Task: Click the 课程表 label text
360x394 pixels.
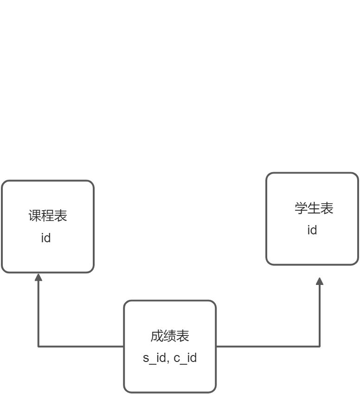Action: [x=48, y=216]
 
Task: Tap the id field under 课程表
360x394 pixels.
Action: [x=46, y=238]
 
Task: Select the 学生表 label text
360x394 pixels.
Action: [x=314, y=208]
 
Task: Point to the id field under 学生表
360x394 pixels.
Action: [x=312, y=230]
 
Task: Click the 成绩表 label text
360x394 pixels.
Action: [x=170, y=336]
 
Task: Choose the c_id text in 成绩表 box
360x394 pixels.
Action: [x=185, y=358]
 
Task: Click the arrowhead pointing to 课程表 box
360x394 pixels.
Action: [x=39, y=277]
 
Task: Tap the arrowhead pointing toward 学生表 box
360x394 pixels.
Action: [x=320, y=281]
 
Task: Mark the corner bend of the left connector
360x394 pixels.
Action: [x=39, y=347]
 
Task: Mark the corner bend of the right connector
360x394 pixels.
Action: [x=320, y=347]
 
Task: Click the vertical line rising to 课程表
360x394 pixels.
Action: [x=39, y=314]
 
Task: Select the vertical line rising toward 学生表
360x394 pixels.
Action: [x=320, y=316]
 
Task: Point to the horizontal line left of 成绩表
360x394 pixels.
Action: [x=81, y=347]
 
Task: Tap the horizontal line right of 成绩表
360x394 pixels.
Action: [x=268, y=347]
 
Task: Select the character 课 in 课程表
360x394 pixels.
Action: [x=35, y=216]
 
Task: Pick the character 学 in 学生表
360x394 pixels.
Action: [x=301, y=208]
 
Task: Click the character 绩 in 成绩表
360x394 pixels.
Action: [x=170, y=336]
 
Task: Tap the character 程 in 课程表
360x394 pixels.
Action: [x=48, y=216]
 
